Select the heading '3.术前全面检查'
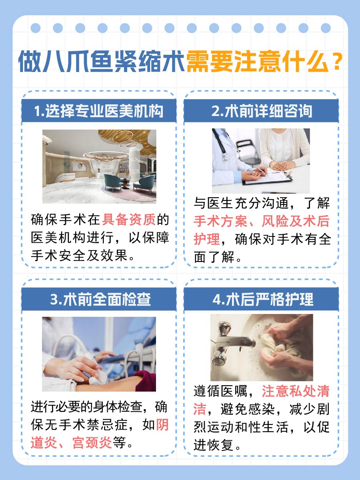point(99,300)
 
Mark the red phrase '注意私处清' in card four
point(296,391)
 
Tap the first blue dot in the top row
point(36,28)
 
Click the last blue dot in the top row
point(326,28)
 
